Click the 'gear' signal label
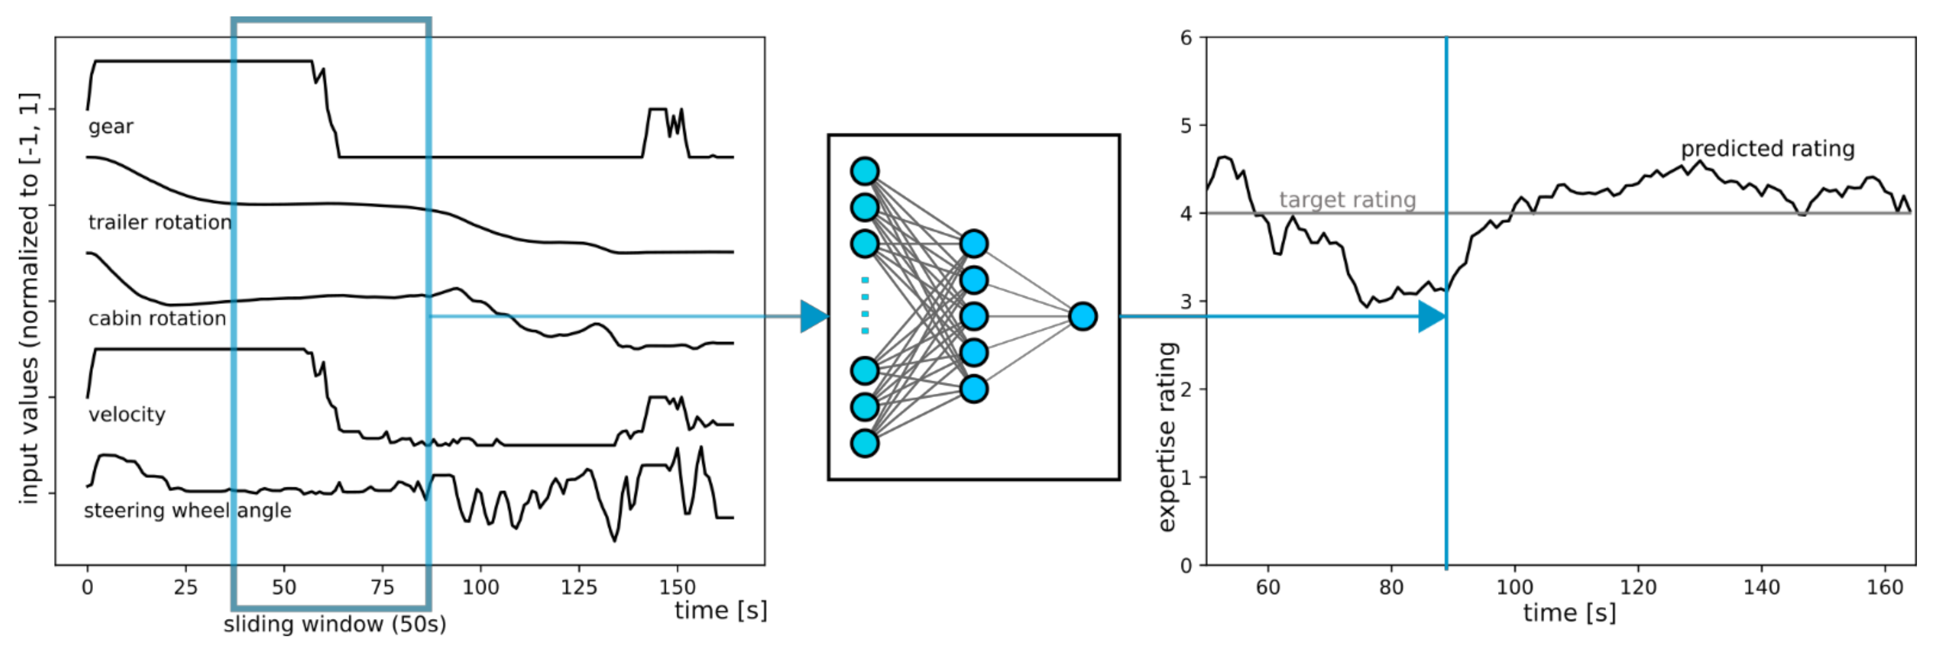click(x=111, y=127)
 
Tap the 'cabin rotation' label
click(x=157, y=319)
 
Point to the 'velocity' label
click(x=127, y=414)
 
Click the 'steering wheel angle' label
click(x=187, y=511)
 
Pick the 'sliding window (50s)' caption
click(x=334, y=624)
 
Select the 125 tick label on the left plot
click(x=579, y=587)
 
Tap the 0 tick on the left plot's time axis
click(x=88, y=587)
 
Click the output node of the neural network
click(x=1083, y=316)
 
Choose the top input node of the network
click(x=864, y=171)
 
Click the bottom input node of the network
click(x=864, y=443)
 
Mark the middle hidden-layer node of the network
click(x=974, y=316)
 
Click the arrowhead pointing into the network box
click(x=814, y=316)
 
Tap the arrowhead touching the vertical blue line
click(x=1432, y=316)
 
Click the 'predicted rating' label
click(x=1768, y=148)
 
